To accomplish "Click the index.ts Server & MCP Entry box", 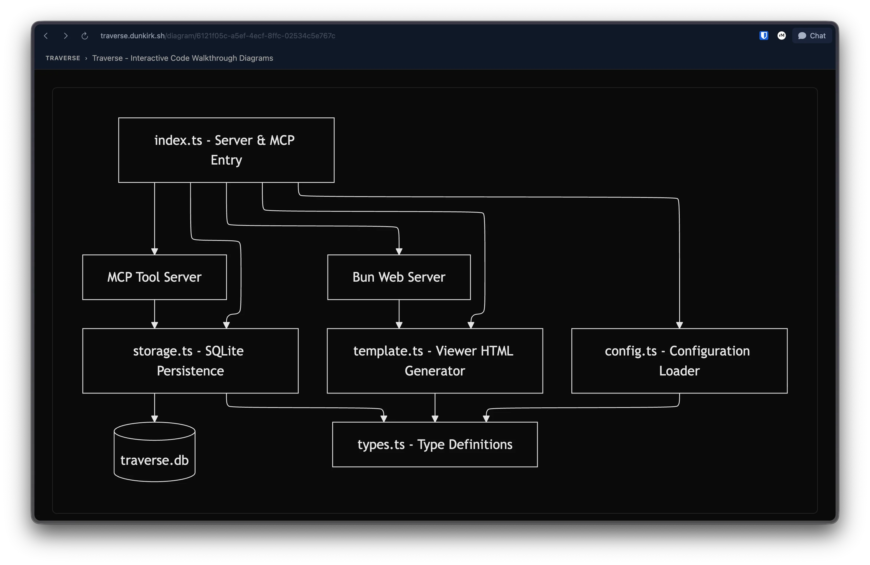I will point(226,150).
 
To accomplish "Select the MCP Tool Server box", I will point(154,277).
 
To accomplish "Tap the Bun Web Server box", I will point(399,277).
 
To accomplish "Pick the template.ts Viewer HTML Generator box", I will point(435,361).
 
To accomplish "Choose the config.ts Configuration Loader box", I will point(679,361).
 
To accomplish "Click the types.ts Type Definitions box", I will point(435,445).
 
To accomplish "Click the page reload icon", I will point(84,36).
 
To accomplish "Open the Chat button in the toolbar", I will point(812,36).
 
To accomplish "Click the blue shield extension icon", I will point(764,36).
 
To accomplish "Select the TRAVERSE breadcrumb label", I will point(63,58).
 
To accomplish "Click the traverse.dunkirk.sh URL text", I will point(132,36).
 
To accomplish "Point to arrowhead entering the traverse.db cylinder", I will point(154,418).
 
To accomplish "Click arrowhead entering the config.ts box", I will point(679,325).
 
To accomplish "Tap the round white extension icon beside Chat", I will point(782,36).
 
